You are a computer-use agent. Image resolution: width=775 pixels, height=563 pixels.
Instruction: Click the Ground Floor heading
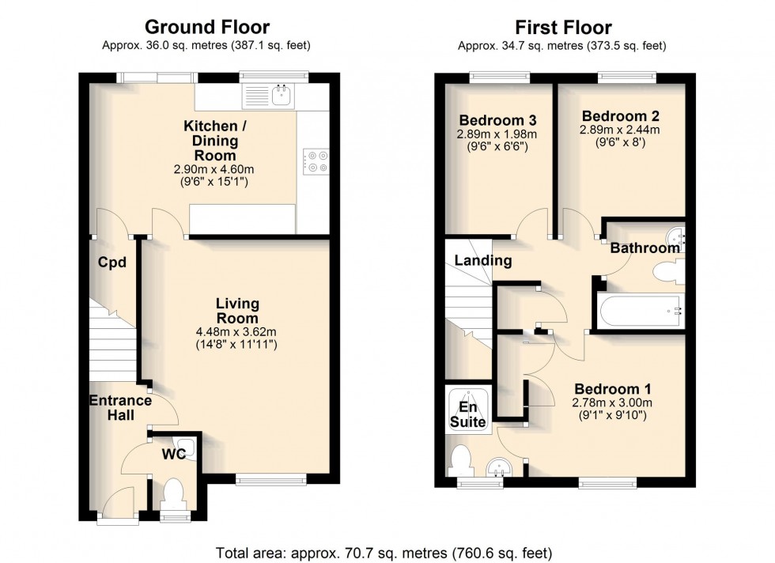207,27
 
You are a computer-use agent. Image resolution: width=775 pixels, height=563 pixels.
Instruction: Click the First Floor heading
563,27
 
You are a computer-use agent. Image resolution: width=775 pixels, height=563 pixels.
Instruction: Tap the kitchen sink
282,96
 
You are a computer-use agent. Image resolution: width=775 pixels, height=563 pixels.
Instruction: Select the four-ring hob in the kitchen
316,161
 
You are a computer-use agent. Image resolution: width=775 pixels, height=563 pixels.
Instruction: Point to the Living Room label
237,311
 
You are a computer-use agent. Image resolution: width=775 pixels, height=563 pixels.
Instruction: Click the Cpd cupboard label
112,263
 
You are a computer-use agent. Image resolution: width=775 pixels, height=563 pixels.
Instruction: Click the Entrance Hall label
120,407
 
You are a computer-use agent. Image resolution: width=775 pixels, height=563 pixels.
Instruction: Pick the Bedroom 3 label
497,120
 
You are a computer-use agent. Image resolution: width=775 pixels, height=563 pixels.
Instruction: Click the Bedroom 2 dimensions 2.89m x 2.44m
620,130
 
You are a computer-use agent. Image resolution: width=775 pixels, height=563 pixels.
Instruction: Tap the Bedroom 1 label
612,389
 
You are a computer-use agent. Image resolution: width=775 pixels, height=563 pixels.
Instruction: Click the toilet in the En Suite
462,461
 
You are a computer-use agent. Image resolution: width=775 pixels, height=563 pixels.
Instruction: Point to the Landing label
483,260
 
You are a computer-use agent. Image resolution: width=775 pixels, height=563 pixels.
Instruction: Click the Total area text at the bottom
384,552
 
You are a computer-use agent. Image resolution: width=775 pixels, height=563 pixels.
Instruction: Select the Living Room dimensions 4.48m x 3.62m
236,331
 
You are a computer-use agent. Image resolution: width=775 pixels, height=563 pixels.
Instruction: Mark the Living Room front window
270,478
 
